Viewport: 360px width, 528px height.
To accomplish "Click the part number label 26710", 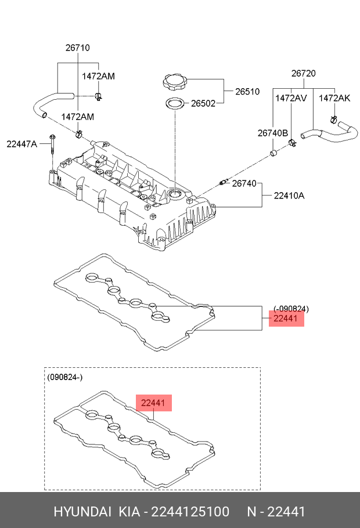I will pos(77,48).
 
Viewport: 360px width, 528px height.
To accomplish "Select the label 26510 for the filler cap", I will pos(247,92).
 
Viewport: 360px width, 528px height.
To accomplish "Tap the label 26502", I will pos(203,104).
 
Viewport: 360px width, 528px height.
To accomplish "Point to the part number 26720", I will pos(303,74).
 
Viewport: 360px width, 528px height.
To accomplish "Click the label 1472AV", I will pos(291,98).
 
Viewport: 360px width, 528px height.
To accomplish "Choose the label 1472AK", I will pos(334,98).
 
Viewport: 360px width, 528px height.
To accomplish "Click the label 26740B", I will pos(273,133).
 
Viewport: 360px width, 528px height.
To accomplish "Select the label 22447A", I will pos(22,144).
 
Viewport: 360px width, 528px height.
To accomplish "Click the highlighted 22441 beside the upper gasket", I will pos(286,318).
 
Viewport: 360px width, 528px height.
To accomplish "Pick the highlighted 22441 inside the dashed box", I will pos(154,403).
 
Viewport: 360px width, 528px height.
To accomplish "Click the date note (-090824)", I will pos(291,308).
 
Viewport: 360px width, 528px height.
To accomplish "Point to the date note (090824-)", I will pos(65,377).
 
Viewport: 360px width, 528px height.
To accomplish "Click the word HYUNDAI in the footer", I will pos(82,511).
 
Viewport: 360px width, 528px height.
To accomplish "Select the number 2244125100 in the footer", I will pos(191,511).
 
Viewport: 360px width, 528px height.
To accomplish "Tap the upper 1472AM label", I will pos(98,76).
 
